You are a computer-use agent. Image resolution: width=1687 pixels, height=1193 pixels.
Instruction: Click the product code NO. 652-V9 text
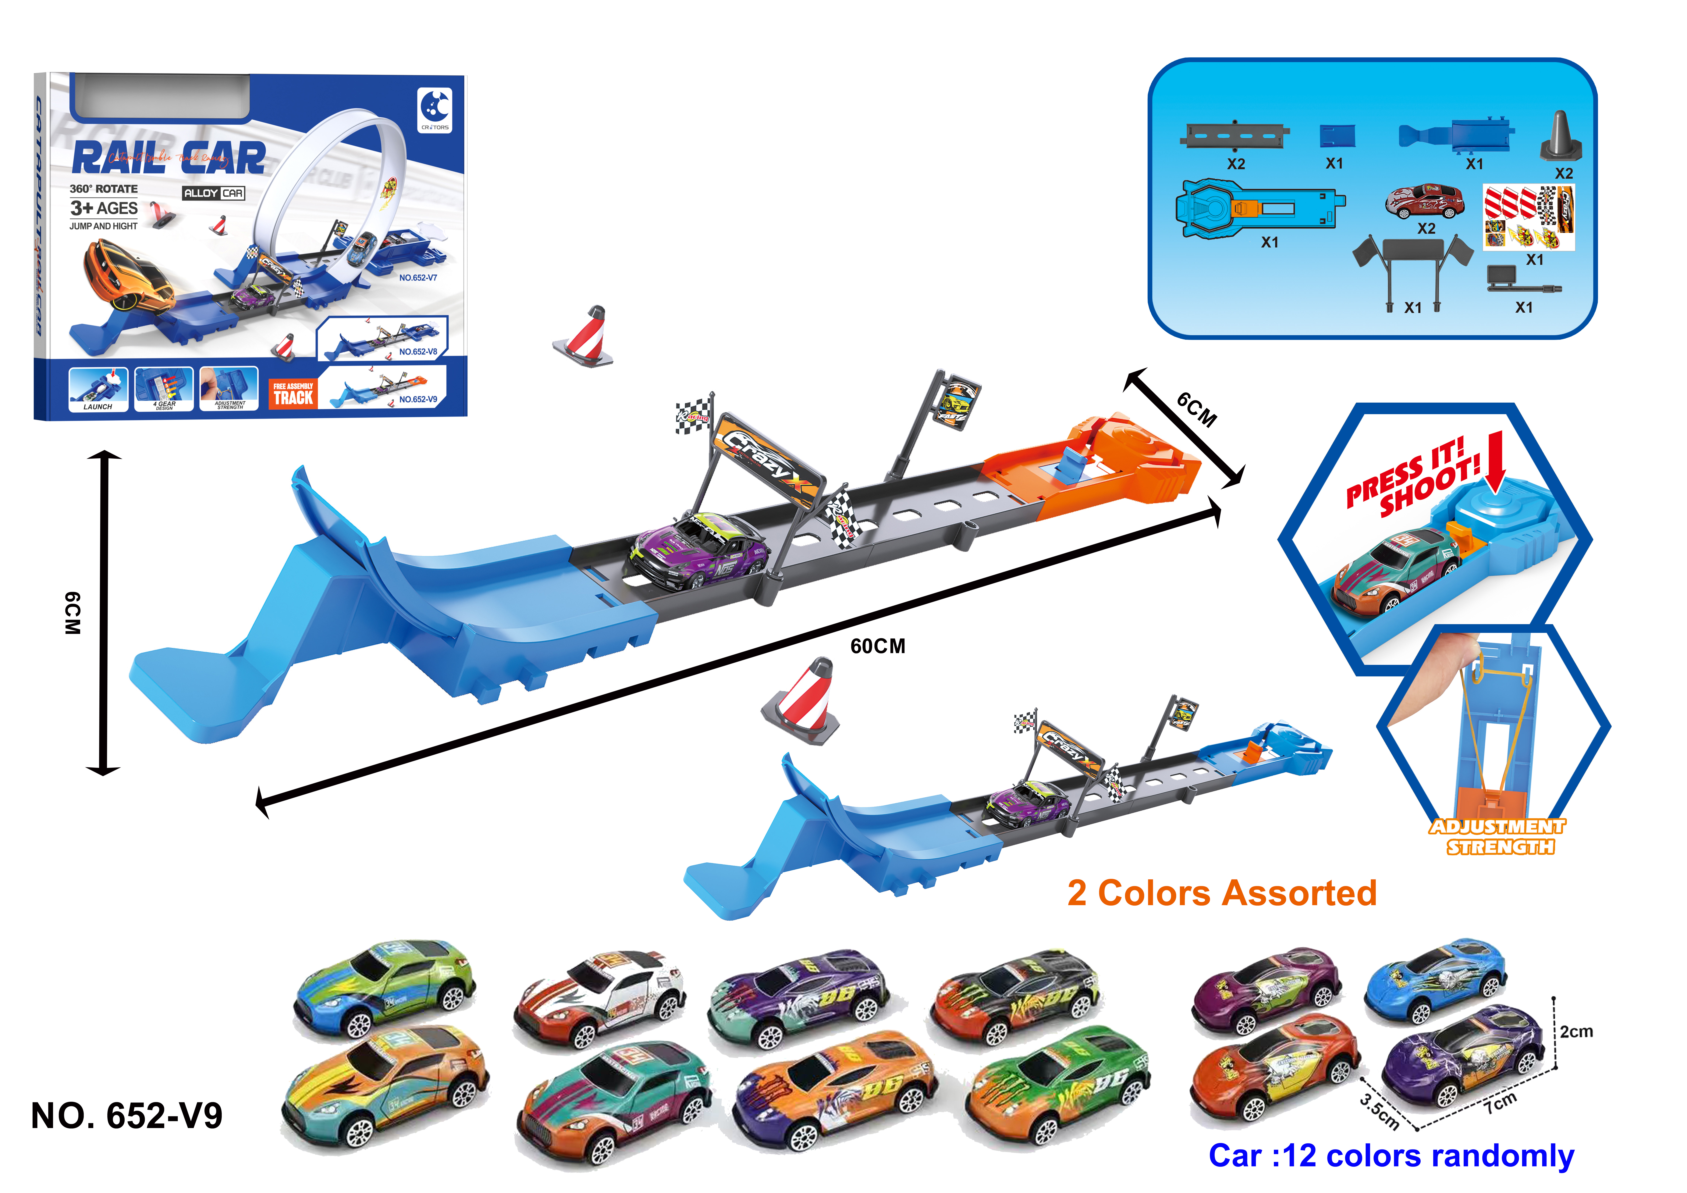coord(126,1116)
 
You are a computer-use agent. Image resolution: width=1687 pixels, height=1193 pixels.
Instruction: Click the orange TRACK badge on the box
coord(293,395)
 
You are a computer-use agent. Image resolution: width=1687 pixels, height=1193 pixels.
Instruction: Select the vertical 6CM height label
coord(72,612)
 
